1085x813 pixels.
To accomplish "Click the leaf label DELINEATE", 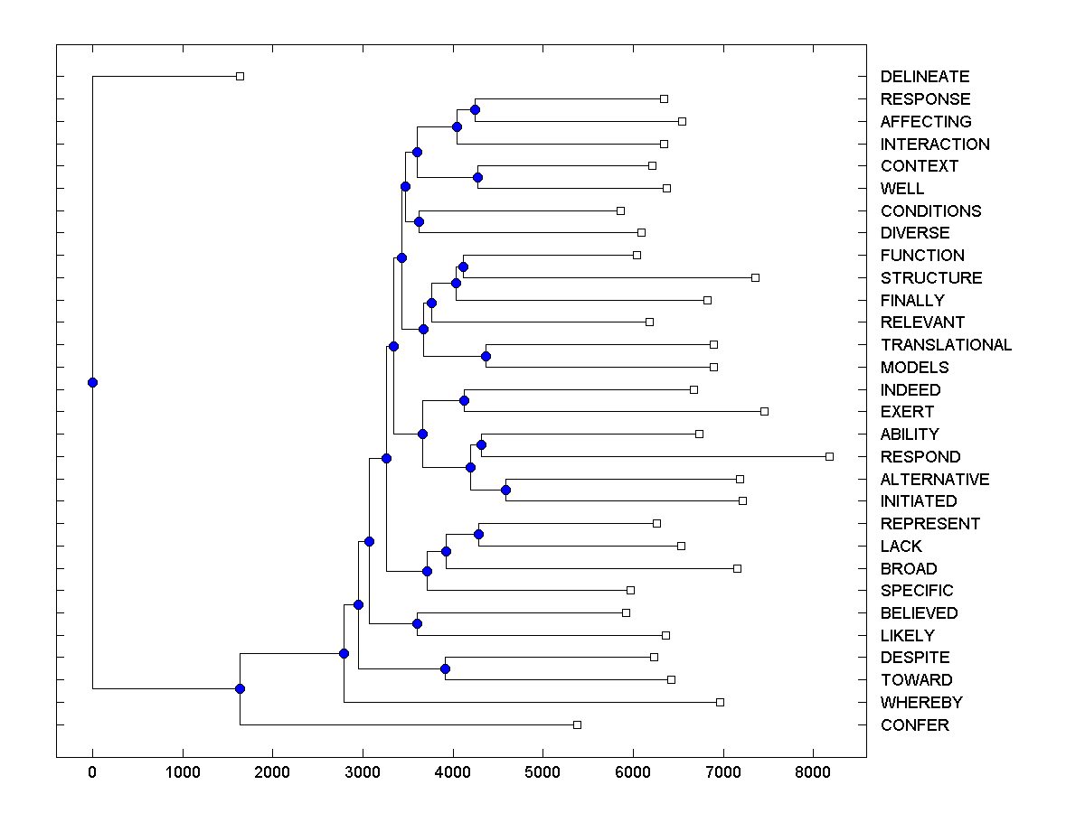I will [x=924, y=77].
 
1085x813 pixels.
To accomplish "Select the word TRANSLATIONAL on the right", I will [x=946, y=345].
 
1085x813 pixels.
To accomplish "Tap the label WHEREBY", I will [x=920, y=703].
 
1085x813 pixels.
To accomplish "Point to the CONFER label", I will [x=914, y=725].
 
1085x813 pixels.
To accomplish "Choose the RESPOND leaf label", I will [x=920, y=457].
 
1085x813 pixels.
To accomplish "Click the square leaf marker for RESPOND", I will [x=830, y=456].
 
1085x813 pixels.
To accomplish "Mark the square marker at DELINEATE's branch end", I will [x=240, y=76].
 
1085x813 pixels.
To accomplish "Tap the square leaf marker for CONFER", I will [x=578, y=724].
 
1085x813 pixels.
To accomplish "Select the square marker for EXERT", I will [x=765, y=411].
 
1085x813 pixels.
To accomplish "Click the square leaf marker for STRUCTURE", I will [x=756, y=277].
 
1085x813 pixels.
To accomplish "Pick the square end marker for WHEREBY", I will [x=721, y=702].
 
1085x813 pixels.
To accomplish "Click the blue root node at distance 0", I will [x=92, y=382].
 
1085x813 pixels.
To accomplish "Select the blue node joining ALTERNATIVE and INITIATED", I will [x=505, y=490].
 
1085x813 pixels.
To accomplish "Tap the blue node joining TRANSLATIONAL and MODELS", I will [x=486, y=356].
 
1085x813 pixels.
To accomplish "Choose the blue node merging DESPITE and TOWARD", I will [x=445, y=668].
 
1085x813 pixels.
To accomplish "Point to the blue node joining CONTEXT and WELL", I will [x=477, y=177].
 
